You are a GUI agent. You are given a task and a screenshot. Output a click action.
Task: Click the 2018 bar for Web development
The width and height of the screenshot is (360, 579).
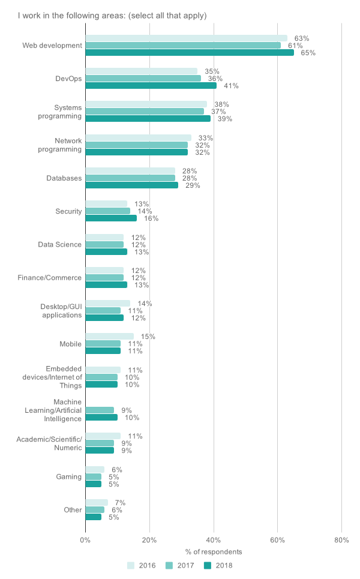[x=190, y=53]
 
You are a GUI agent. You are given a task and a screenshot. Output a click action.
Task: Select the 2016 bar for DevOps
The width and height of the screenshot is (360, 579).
[x=141, y=71]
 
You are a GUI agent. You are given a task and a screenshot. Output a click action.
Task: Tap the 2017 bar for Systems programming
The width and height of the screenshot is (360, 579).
[x=145, y=112]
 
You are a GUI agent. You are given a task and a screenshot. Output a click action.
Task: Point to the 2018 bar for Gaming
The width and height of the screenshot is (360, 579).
[x=94, y=484]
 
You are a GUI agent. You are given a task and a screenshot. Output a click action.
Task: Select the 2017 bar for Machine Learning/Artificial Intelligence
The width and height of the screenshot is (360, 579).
[x=100, y=410]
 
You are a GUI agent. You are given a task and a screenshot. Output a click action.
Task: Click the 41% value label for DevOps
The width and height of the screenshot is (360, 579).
[x=231, y=86]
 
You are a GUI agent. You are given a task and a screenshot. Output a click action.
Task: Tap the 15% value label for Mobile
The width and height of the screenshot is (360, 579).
[x=148, y=337]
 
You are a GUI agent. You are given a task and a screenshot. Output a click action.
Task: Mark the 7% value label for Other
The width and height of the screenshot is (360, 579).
[x=119, y=503]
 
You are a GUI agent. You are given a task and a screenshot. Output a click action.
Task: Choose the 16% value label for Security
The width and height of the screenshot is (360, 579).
[x=151, y=218]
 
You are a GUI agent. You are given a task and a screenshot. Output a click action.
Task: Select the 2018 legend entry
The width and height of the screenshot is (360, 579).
[x=218, y=565]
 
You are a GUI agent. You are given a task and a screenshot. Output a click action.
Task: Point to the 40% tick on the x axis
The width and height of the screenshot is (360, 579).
[x=214, y=540]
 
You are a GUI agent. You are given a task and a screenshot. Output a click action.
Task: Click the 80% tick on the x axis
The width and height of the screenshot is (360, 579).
[x=341, y=540]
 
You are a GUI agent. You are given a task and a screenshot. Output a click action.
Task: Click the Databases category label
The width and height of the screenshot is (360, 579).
[x=64, y=178]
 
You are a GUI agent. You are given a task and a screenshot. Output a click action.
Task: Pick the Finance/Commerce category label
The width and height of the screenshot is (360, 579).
[x=55, y=278]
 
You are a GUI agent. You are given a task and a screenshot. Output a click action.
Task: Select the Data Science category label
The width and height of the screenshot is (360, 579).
[x=59, y=245]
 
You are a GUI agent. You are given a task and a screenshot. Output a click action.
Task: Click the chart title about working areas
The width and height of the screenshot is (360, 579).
[x=112, y=16]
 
